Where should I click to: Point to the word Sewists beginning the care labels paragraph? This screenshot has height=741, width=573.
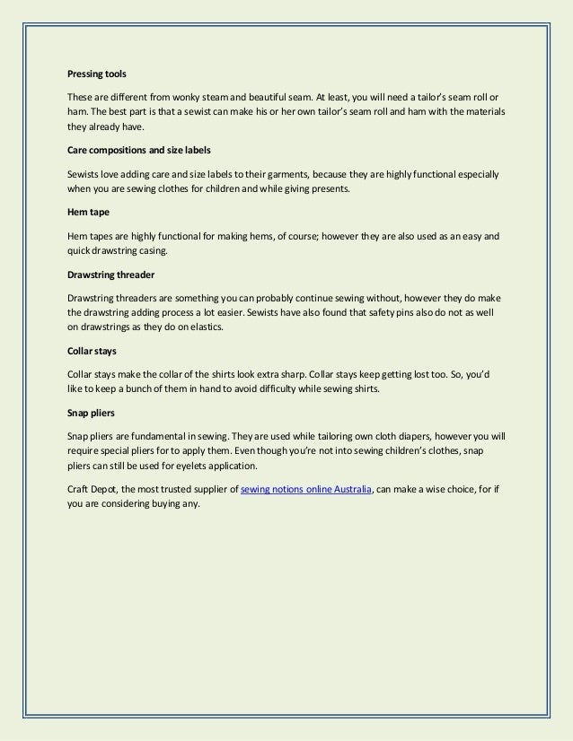(84, 174)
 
